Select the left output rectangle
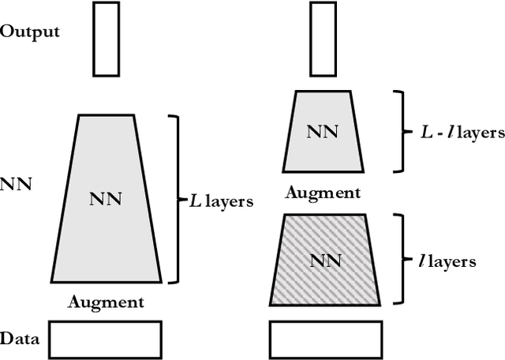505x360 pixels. click(x=107, y=37)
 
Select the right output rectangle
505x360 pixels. click(x=321, y=37)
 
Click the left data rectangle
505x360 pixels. click(x=106, y=339)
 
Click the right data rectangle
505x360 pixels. click(x=321, y=339)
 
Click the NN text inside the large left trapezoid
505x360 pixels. click(x=106, y=198)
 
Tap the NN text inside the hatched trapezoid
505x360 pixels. click(x=322, y=258)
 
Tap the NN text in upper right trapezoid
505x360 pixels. click(x=322, y=130)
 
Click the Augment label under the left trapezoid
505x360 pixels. click(x=106, y=301)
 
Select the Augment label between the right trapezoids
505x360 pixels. click(x=322, y=192)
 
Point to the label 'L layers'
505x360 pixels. click(x=221, y=201)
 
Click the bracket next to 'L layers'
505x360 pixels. click(x=176, y=199)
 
